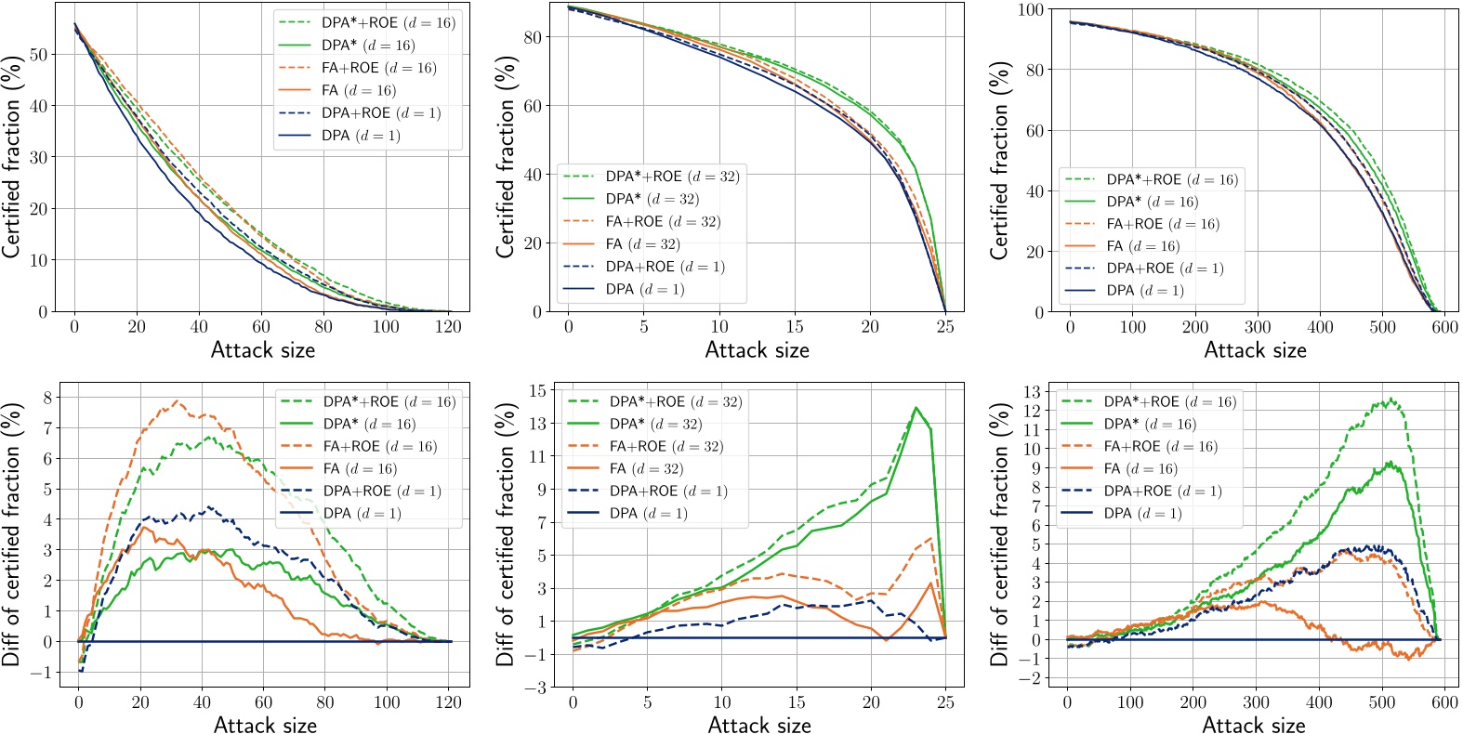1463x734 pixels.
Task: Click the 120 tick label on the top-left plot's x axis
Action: coord(448,326)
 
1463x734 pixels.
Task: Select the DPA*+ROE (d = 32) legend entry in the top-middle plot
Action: coord(672,177)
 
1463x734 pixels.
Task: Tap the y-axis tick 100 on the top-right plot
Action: coord(1032,9)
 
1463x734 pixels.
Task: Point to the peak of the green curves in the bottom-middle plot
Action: coord(916,407)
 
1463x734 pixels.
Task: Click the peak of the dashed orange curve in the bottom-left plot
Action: coord(177,401)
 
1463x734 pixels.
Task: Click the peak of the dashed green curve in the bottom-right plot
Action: coord(1391,400)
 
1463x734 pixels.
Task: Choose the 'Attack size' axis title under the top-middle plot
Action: coord(757,350)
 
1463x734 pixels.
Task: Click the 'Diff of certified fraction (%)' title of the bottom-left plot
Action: coord(11,534)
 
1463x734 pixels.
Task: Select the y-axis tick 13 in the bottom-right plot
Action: coord(1032,391)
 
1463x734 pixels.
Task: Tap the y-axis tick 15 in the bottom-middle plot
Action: coord(537,390)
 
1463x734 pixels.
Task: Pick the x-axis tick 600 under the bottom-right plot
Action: coord(1444,702)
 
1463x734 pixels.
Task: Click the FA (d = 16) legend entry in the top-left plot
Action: coord(358,90)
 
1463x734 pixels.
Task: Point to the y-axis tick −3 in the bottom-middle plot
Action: coord(535,688)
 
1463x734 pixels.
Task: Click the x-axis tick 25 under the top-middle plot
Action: coord(945,326)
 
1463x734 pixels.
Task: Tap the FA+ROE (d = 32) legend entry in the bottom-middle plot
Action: coord(666,446)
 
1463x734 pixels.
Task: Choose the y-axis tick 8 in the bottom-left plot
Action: coord(46,398)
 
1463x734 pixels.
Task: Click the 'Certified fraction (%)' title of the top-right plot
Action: coord(999,160)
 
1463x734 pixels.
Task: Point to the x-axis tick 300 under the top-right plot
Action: coord(1258,326)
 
